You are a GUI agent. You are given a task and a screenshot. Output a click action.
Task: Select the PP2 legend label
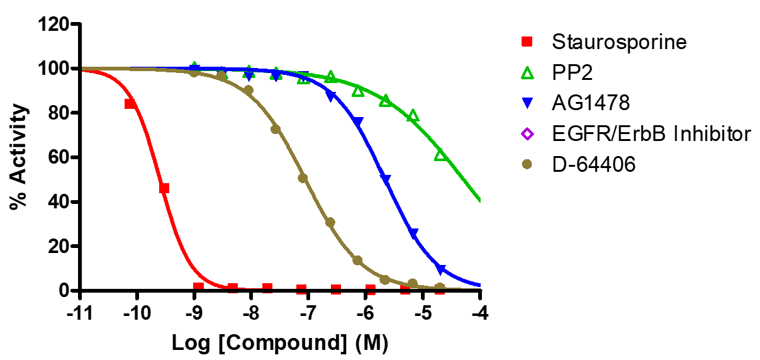point(573,73)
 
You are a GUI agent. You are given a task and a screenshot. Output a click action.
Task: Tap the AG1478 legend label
point(591,103)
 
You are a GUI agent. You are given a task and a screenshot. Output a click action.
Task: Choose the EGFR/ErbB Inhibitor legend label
point(652,134)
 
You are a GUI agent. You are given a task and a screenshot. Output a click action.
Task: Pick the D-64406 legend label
point(594,164)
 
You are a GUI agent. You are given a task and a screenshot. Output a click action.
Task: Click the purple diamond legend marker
point(527,134)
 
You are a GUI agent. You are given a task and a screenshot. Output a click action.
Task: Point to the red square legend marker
point(527,42)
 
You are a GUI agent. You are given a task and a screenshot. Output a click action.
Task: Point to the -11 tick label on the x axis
point(80,312)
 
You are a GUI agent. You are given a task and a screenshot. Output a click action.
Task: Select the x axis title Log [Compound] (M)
point(280,343)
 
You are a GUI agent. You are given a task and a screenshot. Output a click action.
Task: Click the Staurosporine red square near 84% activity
point(130,104)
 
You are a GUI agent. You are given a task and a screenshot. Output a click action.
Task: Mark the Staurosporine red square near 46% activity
point(164,188)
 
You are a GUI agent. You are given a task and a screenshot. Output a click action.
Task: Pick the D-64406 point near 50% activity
point(303,178)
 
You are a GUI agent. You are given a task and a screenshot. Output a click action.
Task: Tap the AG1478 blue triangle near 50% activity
point(386,179)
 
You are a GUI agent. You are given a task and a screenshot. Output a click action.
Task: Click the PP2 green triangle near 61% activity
point(441,155)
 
